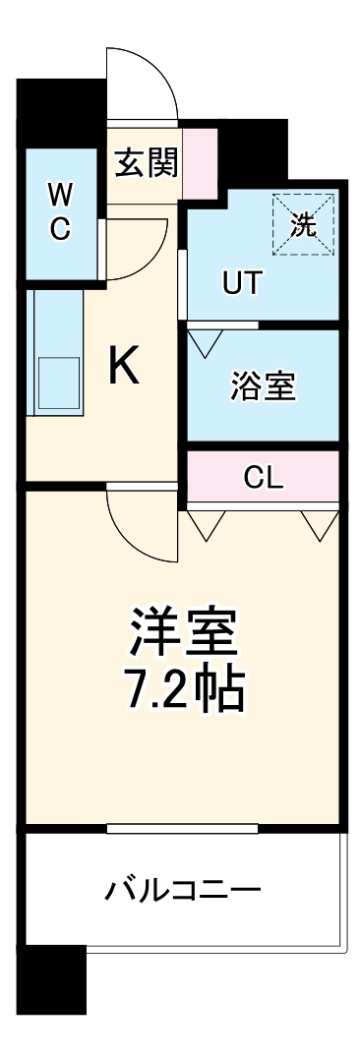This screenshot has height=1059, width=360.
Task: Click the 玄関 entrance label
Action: coord(147,163)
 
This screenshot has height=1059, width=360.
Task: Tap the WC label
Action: coord(61,211)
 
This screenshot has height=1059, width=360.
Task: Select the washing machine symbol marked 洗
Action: coord(303,224)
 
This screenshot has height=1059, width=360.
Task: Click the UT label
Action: coord(242,283)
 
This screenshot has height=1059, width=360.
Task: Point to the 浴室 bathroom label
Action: coord(264,385)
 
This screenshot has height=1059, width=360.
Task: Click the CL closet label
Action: coord(264,479)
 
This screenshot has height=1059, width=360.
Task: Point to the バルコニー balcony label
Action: coord(184,892)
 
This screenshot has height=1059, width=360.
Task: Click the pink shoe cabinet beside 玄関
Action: coord(199,162)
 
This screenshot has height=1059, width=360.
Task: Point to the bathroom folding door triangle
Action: coord(206,341)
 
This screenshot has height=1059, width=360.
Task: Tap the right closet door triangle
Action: coord(320,526)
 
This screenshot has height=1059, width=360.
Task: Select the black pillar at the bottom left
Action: coord(53,979)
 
